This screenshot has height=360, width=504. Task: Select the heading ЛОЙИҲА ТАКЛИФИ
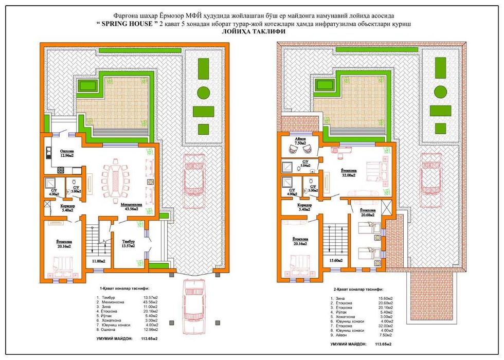click(x=252, y=32)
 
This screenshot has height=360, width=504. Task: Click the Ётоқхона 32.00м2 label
click(x=350, y=172)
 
